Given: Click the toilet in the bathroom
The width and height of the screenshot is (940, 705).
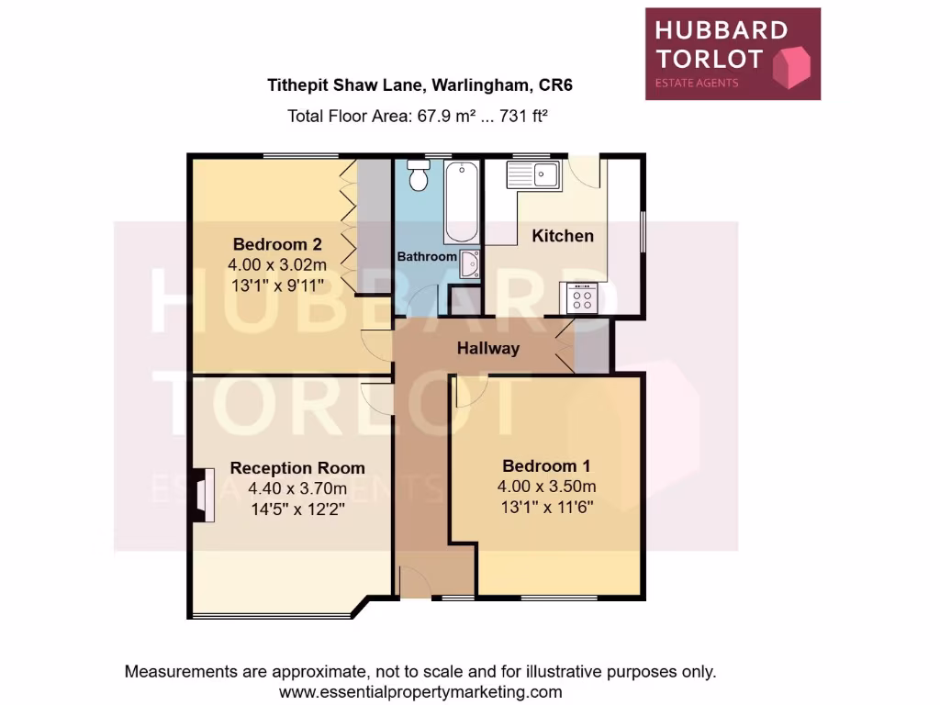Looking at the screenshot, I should pyautogui.click(x=420, y=175).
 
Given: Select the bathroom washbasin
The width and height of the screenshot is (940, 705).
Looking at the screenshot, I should pyautogui.click(x=469, y=263).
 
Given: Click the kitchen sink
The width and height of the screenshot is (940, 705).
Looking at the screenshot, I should pyautogui.click(x=534, y=174).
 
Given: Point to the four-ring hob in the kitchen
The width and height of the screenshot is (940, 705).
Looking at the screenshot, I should pyautogui.click(x=582, y=297).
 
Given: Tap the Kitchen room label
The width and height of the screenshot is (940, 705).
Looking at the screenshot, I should pyautogui.click(x=563, y=236).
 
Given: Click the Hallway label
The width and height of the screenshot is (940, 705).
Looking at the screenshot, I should pyautogui.click(x=488, y=348).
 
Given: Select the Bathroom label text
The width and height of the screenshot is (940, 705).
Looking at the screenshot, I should pyautogui.click(x=426, y=257).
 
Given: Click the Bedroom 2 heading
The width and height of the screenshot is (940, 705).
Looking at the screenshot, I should pyautogui.click(x=276, y=244).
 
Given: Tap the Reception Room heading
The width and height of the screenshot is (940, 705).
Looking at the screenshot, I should pyautogui.click(x=297, y=468).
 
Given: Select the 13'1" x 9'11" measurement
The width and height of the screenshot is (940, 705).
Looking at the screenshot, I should pyautogui.click(x=277, y=283).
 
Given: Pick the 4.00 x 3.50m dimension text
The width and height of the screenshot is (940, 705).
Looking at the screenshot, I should pyautogui.click(x=547, y=486).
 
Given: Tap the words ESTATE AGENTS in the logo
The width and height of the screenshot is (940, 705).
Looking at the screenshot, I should pyautogui.click(x=696, y=84).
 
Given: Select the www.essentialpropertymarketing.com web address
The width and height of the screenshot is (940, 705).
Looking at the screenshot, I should pyautogui.click(x=420, y=692).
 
